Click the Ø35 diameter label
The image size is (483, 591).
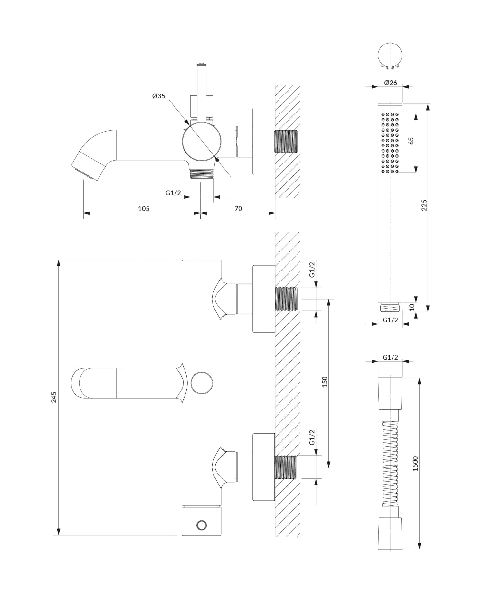coord(158,96)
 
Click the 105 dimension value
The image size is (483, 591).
coord(144,208)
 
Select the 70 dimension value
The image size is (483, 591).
coord(238,208)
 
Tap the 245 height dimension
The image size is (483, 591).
coord(54,397)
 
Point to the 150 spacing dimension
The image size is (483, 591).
coord(325,382)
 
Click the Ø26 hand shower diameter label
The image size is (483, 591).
coord(391,83)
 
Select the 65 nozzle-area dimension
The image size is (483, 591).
coord(411,141)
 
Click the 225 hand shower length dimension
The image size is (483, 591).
coord(424,205)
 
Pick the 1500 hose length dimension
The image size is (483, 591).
coord(415,463)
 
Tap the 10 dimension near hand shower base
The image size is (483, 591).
coord(412,307)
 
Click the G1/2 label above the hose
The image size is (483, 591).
coord(390,357)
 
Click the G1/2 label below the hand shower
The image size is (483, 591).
coord(390,320)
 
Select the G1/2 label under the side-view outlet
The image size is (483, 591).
coord(173,193)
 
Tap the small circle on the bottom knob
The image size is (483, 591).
coord(202,525)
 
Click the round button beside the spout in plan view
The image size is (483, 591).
coord(202,383)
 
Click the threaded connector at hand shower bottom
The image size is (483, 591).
coord(390,308)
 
